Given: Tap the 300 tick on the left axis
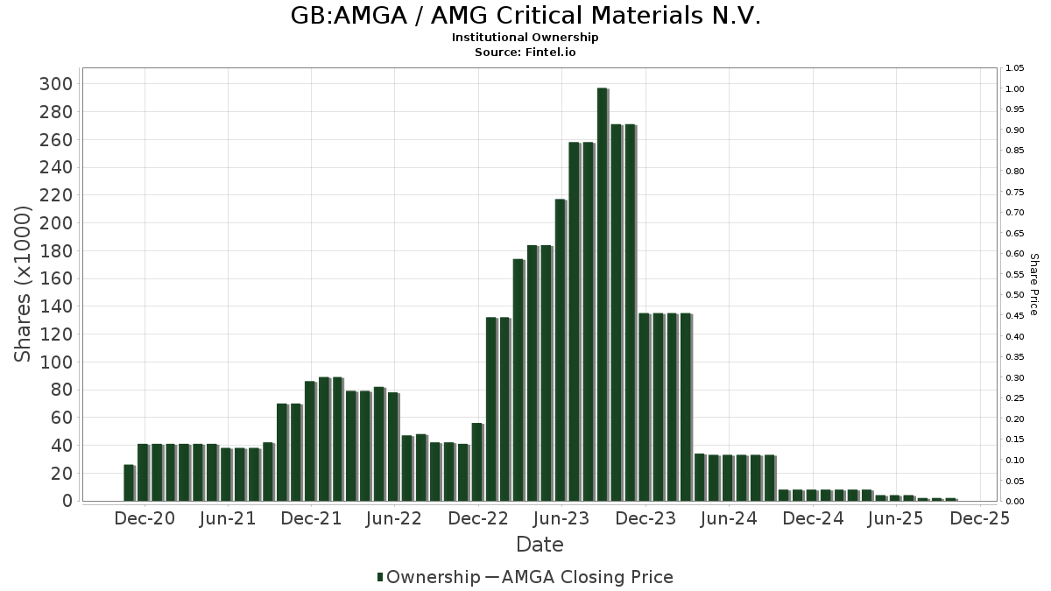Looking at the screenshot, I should (56, 84).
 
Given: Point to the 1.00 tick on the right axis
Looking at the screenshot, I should (1015, 89).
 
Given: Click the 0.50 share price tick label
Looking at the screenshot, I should (1015, 295).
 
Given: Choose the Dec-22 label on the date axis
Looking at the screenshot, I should (478, 518).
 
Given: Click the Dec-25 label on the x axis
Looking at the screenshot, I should (980, 518).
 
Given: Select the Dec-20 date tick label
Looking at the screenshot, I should (145, 518).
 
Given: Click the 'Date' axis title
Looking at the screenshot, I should (540, 545).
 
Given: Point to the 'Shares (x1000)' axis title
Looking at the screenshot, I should (23, 284).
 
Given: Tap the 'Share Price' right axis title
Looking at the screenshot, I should (1033, 284).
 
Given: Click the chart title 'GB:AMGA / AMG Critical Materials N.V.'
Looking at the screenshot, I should (525, 16).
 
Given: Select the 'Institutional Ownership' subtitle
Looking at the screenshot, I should (525, 38).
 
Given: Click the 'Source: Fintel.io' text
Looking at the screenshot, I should (525, 53).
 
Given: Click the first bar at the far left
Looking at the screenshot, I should (129, 482).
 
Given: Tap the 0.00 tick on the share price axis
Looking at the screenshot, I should (1015, 501).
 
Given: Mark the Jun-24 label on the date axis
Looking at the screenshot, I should (730, 518).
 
